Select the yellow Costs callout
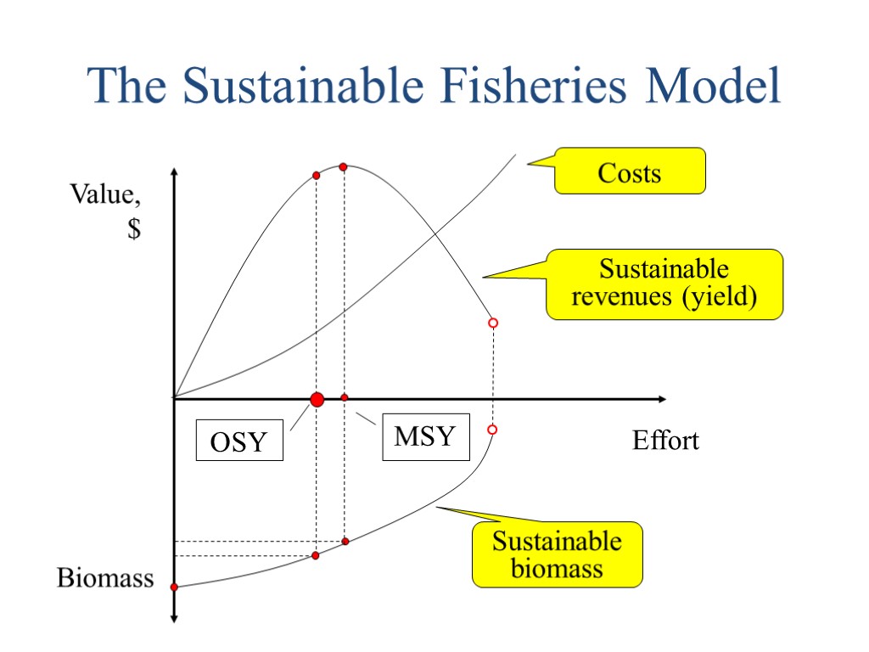(x=630, y=172)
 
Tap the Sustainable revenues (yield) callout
(x=664, y=284)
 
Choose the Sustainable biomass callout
(x=557, y=554)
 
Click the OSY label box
(x=238, y=441)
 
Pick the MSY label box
(x=425, y=438)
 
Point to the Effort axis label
(x=665, y=441)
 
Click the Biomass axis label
(x=105, y=578)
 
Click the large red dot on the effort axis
(x=317, y=399)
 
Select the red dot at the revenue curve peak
(x=343, y=166)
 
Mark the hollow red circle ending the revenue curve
(x=492, y=323)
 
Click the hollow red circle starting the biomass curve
(x=492, y=430)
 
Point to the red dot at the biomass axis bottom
(x=174, y=587)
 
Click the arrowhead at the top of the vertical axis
(x=173, y=173)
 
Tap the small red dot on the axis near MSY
(x=345, y=397)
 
